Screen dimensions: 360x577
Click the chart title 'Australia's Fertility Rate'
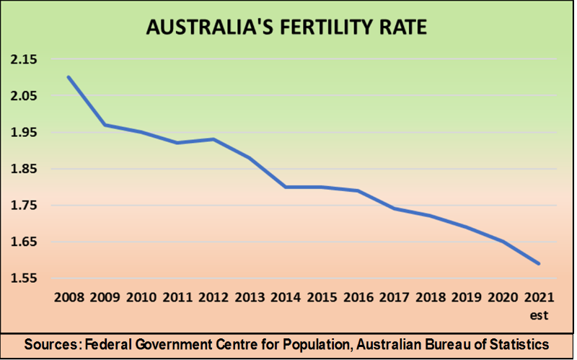(286, 27)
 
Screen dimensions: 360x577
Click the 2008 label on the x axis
(69, 297)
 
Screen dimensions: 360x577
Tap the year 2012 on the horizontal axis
(214, 297)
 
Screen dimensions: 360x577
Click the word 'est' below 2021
(538, 315)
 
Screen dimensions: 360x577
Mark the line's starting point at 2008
(69, 77)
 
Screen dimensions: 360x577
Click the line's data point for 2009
(105, 125)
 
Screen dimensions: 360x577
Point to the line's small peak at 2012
(214, 139)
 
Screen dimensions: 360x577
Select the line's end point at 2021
(538, 263)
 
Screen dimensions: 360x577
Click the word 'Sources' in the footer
(52, 345)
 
